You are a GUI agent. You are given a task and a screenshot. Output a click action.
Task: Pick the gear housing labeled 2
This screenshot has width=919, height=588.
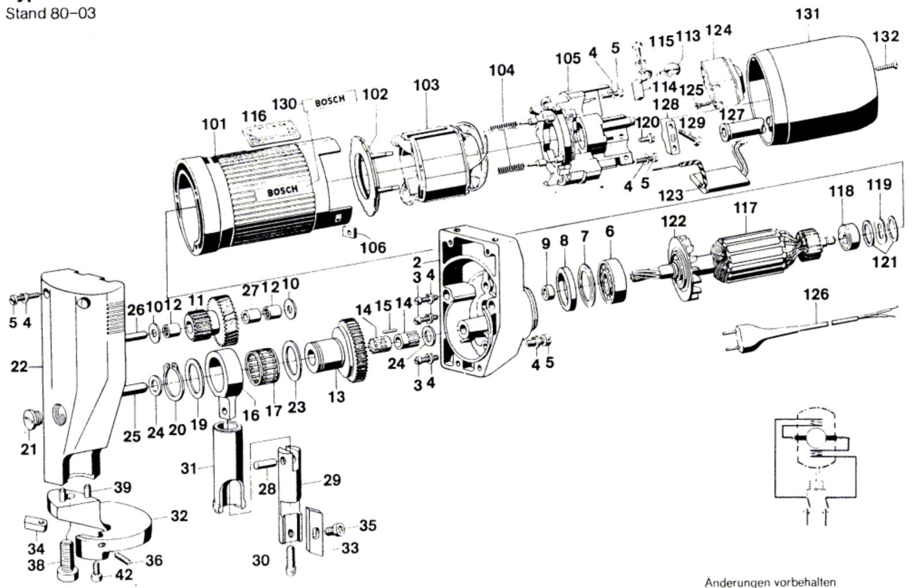[x=477, y=299]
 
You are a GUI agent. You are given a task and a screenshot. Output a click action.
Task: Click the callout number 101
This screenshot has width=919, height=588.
[x=214, y=124]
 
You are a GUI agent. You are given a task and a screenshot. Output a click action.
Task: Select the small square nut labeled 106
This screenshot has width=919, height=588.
[x=349, y=233]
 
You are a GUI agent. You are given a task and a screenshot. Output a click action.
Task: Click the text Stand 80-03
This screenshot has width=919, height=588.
[x=51, y=13]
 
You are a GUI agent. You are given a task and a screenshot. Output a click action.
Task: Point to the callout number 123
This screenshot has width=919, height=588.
[x=670, y=195]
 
